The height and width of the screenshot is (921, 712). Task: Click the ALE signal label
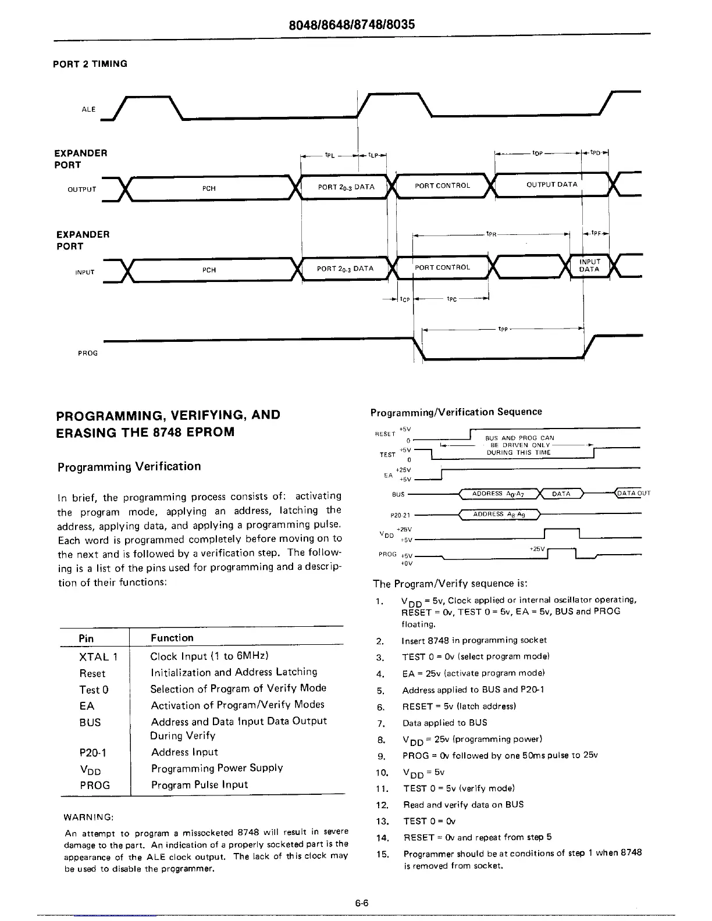pos(88,109)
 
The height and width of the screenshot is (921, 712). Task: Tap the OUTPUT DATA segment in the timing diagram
pos(551,185)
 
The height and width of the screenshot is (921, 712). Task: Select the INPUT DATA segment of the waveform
pos(589,266)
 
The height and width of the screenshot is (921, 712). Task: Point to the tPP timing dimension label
pos(503,329)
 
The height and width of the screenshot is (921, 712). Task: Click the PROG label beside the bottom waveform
pos(88,353)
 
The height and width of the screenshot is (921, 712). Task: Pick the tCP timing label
pos(405,299)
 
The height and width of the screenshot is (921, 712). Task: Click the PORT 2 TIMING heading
pos(90,64)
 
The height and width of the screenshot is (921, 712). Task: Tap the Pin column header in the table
pos(86,638)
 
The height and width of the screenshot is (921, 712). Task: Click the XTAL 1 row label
pos(98,657)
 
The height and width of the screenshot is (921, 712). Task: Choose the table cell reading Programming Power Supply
pos(217,768)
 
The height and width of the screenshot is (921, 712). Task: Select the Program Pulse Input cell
pos(200,784)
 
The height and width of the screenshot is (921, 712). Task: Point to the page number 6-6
pos(362,903)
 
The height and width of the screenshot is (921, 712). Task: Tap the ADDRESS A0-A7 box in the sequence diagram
pos(499,494)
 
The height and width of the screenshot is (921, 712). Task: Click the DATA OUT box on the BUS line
pos(633,494)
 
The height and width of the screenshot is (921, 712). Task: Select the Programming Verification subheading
pos(129,466)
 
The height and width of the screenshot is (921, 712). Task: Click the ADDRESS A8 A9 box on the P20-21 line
pos(499,515)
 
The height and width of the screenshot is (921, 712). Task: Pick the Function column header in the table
pos(172,638)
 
